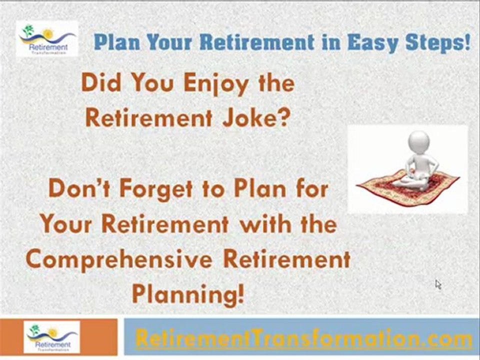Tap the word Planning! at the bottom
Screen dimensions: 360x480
[187, 293]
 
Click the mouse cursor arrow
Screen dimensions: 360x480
[438, 284]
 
